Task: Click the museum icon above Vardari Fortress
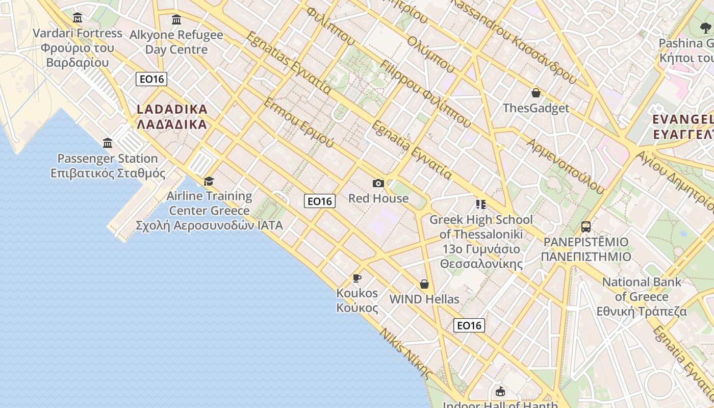click(77, 18)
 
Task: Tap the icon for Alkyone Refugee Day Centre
click(176, 20)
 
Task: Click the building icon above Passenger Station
click(108, 143)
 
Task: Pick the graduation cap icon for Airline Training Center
click(209, 181)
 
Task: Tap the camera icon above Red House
click(378, 183)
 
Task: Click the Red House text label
click(378, 198)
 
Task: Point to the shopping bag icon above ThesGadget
click(535, 93)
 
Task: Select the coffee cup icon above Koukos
click(357, 278)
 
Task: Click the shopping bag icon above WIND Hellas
click(424, 284)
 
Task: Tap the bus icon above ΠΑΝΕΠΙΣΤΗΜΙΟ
click(586, 226)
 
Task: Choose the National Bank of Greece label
click(642, 296)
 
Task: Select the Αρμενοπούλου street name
click(566, 166)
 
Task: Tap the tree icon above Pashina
click(706, 28)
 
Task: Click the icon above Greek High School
click(481, 205)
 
